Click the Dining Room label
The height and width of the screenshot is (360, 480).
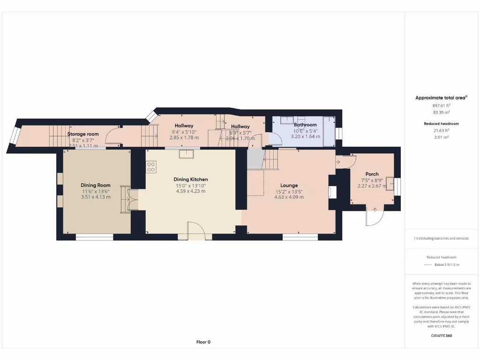pyautogui.click(x=95, y=185)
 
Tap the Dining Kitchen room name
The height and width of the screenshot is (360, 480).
pyautogui.click(x=190, y=180)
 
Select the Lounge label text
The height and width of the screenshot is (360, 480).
pyautogui.click(x=289, y=186)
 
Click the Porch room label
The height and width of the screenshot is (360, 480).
pyautogui.click(x=372, y=174)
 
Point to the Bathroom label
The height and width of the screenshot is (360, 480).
pyautogui.click(x=305, y=125)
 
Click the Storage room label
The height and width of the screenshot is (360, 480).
pyautogui.click(x=82, y=134)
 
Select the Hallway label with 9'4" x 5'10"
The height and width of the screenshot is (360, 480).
pyautogui.click(x=184, y=126)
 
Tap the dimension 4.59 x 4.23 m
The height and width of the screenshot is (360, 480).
pyautogui.click(x=190, y=191)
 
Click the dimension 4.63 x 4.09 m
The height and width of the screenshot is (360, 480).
pyautogui.click(x=289, y=197)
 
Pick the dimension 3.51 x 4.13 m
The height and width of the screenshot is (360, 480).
pyautogui.click(x=95, y=197)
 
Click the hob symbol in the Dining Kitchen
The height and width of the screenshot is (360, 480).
pyautogui.click(x=151, y=167)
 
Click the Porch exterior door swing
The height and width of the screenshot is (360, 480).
pyautogui.click(x=375, y=216)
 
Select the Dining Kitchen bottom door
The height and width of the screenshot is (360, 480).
pyautogui.click(x=196, y=230)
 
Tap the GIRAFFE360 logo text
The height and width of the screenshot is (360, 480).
pyautogui.click(x=442, y=336)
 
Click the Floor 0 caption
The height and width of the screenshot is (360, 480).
pyautogui.click(x=203, y=342)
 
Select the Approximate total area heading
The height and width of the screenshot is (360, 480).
pyautogui.click(x=441, y=97)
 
